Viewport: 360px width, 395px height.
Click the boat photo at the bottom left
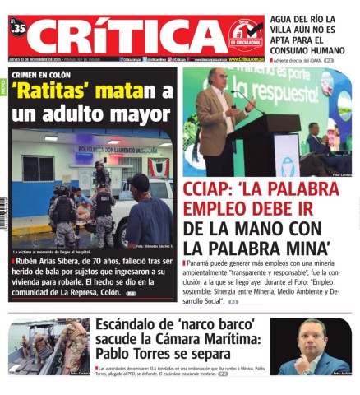(x=48, y=346)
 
